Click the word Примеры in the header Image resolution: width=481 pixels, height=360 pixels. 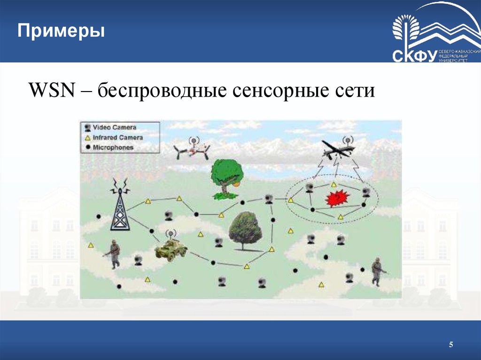click(61, 32)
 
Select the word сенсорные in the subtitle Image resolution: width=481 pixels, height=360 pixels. click(275, 90)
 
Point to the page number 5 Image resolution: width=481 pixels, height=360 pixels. click(451, 345)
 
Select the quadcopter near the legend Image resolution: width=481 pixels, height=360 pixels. click(192, 150)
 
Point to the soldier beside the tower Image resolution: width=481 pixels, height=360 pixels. click(113, 254)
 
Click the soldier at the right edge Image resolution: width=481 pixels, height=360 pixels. click(377, 272)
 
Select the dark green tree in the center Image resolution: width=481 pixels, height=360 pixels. click(244, 230)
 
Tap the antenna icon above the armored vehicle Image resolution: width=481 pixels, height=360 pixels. click(171, 233)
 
